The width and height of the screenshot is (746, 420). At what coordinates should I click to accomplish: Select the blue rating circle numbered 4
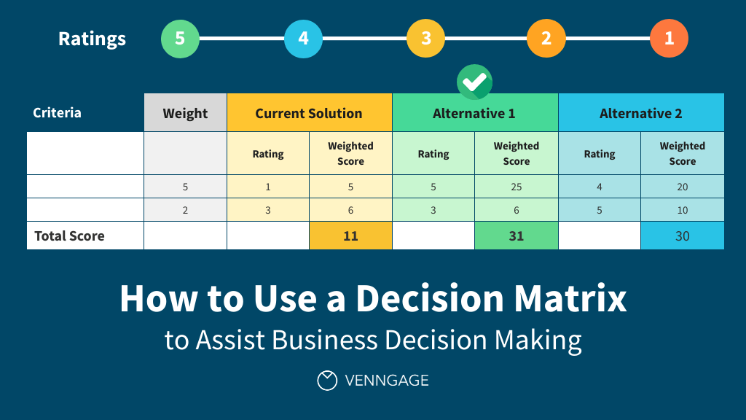tap(303, 38)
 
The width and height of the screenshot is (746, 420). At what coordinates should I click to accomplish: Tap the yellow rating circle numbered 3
tap(425, 38)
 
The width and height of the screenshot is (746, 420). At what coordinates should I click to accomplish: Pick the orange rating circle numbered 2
tap(546, 38)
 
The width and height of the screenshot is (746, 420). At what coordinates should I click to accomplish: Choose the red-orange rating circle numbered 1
tap(669, 38)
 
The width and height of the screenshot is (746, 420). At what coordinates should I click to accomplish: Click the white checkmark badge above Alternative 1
tap(474, 82)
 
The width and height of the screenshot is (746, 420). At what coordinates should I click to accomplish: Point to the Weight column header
tap(185, 113)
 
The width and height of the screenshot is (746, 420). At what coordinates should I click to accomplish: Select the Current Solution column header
tap(309, 113)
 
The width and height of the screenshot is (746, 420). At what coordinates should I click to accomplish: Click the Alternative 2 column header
tap(641, 113)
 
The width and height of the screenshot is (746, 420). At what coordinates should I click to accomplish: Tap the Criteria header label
tap(58, 113)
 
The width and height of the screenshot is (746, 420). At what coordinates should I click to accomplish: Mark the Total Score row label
tap(69, 236)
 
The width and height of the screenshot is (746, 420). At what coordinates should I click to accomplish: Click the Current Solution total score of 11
tap(350, 236)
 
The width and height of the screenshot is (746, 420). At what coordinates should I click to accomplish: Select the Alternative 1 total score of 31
tap(516, 236)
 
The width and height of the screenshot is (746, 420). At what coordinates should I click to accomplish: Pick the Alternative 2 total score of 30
tap(682, 236)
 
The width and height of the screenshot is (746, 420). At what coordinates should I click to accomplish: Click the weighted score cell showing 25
tap(516, 187)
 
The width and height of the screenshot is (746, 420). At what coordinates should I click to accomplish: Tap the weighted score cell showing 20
tap(682, 187)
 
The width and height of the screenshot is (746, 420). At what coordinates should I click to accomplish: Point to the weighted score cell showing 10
tap(682, 210)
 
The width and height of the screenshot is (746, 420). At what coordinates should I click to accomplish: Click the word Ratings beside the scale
tap(92, 39)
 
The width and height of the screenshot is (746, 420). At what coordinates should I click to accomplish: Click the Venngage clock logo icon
tap(327, 380)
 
